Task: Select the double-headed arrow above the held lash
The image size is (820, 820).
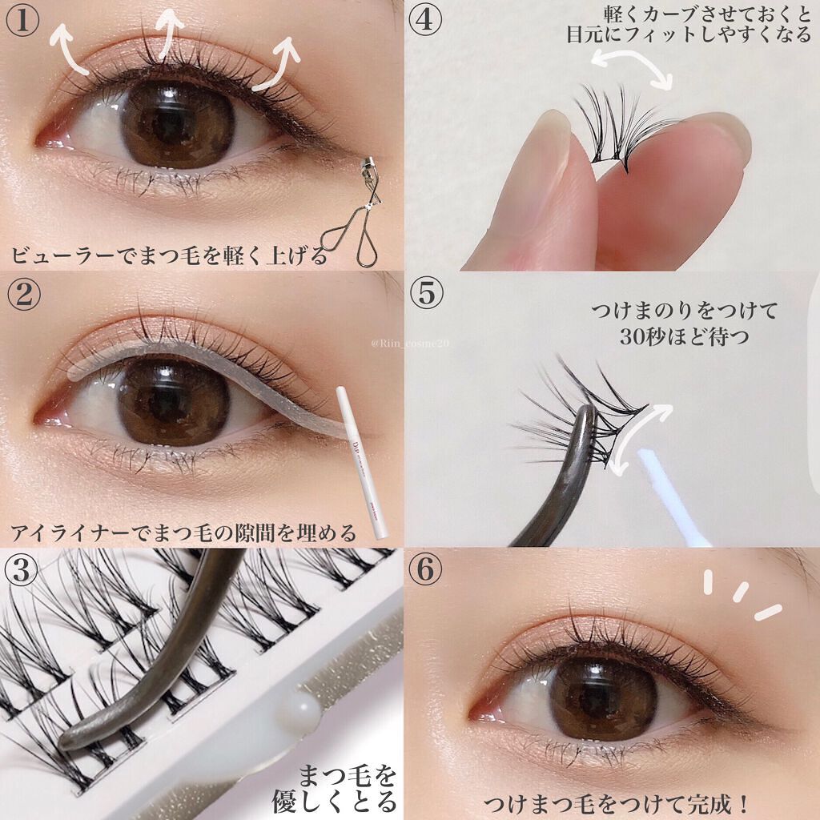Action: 632,68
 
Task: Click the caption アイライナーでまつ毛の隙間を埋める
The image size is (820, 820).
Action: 183,533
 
